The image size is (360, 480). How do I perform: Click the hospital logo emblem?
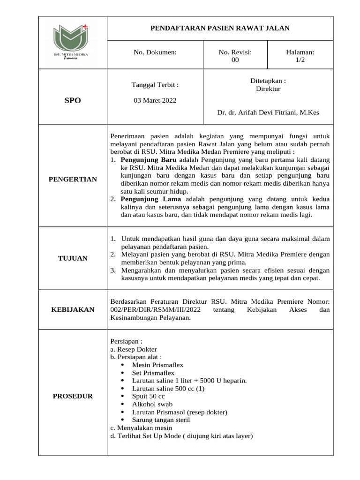coord(70,37)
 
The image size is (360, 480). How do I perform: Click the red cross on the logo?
coord(85,27)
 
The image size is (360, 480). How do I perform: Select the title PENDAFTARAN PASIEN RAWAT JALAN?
coord(220,28)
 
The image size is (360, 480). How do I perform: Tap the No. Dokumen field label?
coord(155,52)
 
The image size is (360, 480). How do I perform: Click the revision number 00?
coord(235,60)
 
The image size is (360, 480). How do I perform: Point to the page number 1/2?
coord(300,60)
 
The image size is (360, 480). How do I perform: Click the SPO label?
coord(73,100)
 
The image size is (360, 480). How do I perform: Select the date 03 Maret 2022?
coord(155,100)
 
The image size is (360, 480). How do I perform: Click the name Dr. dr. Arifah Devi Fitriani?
coord(268,112)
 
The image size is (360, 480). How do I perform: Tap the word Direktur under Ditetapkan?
coord(268,89)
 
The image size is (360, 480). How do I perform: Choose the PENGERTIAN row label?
coord(73,179)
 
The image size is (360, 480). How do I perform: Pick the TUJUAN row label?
coord(73,258)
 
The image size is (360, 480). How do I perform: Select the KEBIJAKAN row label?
coord(73,309)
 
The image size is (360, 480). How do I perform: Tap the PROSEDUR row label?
coord(73,396)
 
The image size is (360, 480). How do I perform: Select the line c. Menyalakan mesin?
coord(141,428)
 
